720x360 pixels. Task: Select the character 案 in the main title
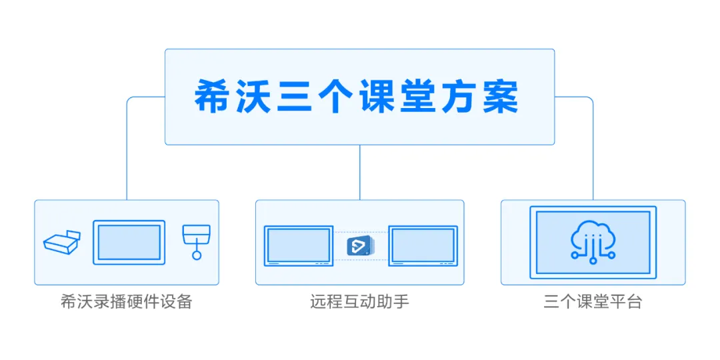click(x=501, y=97)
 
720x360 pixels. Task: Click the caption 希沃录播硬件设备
click(x=127, y=302)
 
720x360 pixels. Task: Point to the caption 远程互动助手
click(x=359, y=302)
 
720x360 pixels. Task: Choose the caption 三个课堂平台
click(x=593, y=302)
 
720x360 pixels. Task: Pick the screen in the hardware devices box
click(x=129, y=243)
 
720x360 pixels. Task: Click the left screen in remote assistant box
click(x=298, y=245)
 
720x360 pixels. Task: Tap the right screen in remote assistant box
click(x=423, y=245)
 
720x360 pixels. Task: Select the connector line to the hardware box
click(x=127, y=153)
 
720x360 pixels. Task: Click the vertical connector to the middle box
click(x=359, y=172)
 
